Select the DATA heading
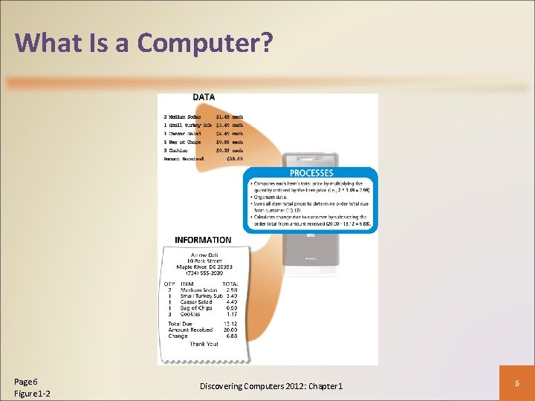(x=204, y=97)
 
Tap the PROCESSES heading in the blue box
(x=311, y=173)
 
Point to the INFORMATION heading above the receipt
(x=203, y=240)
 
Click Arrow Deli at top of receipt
(x=204, y=255)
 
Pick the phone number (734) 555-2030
(x=204, y=273)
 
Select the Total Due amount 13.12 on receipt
(x=230, y=324)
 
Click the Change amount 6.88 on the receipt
(x=231, y=336)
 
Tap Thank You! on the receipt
(x=204, y=344)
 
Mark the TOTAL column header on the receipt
(x=230, y=284)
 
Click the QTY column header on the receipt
(x=169, y=284)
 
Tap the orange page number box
(x=516, y=380)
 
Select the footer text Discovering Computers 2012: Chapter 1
(x=271, y=386)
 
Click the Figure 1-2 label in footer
(x=32, y=393)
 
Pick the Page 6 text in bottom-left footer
(x=26, y=380)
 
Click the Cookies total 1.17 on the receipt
(x=230, y=314)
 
